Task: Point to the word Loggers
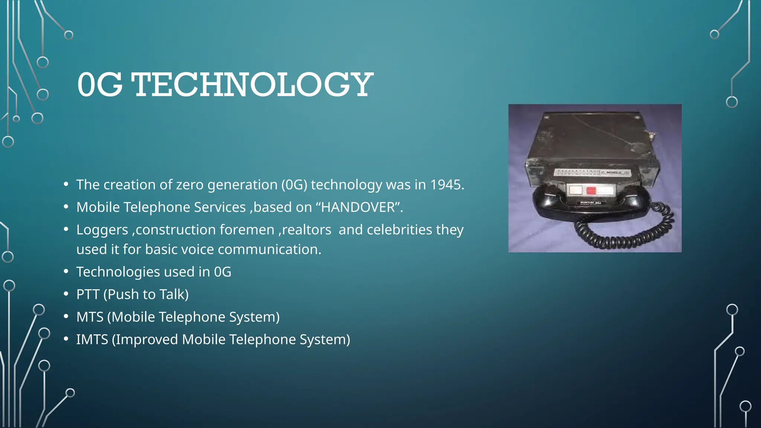coord(102,230)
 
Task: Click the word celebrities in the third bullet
coord(399,230)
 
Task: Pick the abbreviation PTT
coord(88,294)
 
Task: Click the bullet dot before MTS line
coord(66,317)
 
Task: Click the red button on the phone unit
coord(591,191)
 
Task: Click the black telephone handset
coord(550,208)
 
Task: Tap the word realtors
coord(307,230)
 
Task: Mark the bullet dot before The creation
coord(66,184)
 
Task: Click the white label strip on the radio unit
coord(591,173)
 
